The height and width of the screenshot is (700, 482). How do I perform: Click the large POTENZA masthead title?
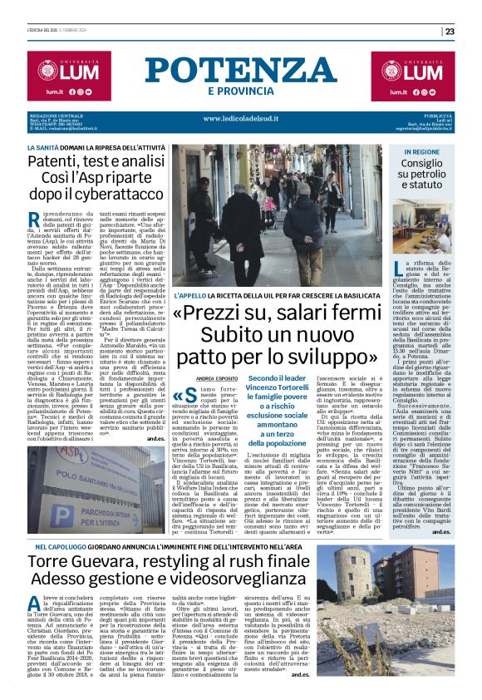(x=240, y=71)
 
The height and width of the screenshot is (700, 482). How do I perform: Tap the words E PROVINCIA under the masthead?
(x=240, y=91)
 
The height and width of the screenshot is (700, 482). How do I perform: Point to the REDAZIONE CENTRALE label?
(x=54, y=115)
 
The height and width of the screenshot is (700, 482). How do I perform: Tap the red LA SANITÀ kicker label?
(x=43, y=145)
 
